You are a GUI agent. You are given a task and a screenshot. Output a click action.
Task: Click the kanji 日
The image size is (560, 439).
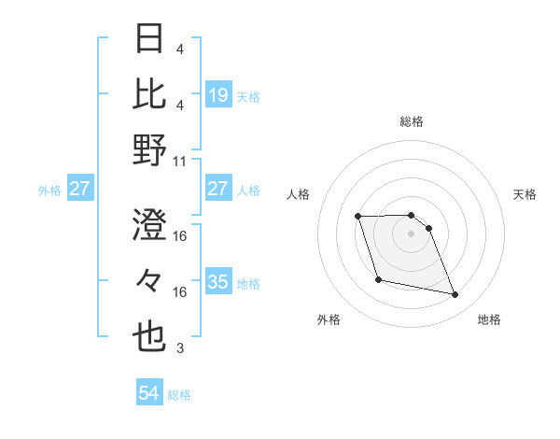pos(150,40)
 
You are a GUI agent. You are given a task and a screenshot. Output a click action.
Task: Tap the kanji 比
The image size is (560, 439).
pos(150,94)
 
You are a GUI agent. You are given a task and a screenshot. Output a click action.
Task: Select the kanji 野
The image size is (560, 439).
pos(150,149)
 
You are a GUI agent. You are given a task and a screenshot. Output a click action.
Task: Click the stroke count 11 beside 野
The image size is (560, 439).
pos(180,161)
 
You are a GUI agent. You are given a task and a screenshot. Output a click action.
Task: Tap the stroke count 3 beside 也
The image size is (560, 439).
pos(180,349)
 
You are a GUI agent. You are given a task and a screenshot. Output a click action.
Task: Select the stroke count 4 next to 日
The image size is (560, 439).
pos(180,49)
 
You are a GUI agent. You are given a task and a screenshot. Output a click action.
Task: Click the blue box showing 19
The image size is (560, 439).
pos(217,95)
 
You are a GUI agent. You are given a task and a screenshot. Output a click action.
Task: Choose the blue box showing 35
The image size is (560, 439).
pos(217,282)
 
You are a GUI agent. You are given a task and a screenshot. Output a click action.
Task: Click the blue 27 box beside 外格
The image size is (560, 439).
pos(79,189)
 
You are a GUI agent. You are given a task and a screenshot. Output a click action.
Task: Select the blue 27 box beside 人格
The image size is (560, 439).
pos(217,189)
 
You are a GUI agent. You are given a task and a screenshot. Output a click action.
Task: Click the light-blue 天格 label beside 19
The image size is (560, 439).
pos(248,96)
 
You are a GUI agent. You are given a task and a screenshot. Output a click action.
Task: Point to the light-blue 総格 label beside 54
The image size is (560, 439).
pos(179,395)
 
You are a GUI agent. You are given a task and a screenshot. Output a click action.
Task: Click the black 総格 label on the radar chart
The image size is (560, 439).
pos(412,121)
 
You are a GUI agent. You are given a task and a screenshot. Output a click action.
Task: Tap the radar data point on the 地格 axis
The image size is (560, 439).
pos(455,295)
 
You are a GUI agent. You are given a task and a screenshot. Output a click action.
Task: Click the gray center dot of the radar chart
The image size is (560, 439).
pos(412,234)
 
